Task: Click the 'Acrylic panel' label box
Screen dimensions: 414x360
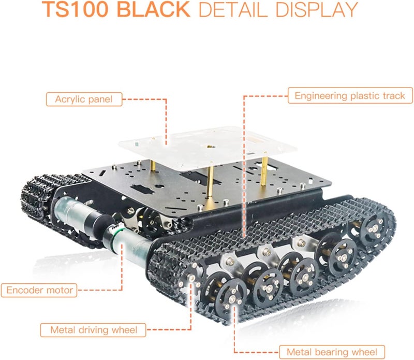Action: point(84,99)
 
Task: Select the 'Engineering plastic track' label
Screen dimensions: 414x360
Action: point(350,95)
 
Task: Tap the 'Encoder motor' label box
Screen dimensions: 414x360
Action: point(39,290)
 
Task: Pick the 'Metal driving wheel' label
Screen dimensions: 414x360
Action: point(93,330)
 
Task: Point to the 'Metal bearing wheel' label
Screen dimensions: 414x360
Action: point(332,352)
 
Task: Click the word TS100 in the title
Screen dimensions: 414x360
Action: point(75,9)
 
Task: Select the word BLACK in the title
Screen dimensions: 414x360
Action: point(153,9)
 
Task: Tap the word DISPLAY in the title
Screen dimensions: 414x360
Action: point(317,10)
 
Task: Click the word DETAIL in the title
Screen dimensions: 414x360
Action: point(233,10)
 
